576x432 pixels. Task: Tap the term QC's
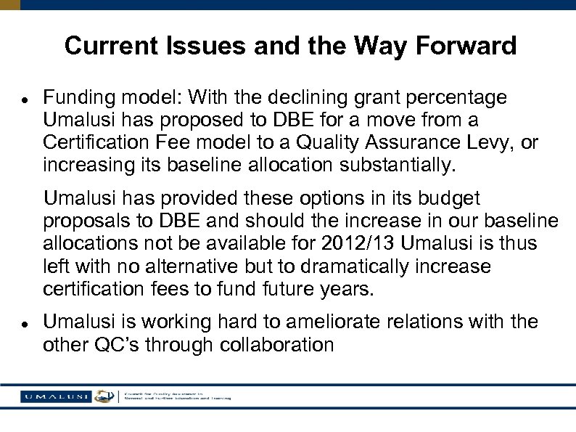pyautogui.click(x=122, y=345)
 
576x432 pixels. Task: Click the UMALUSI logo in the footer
pyautogui.click(x=54, y=396)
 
